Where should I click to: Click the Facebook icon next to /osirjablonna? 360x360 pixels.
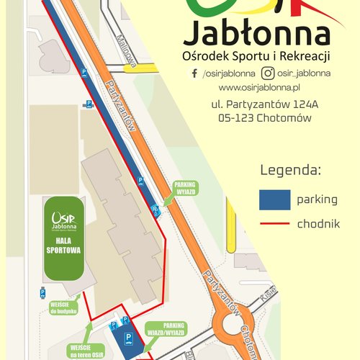click(x=194, y=73)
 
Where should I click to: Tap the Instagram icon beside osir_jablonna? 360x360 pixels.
click(x=267, y=73)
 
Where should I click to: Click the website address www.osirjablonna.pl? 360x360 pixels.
click(x=258, y=87)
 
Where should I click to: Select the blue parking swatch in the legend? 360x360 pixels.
click(x=274, y=199)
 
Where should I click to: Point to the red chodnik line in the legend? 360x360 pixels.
click(x=274, y=225)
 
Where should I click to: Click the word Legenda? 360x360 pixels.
click(x=289, y=171)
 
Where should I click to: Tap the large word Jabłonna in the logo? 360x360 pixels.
click(x=257, y=35)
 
